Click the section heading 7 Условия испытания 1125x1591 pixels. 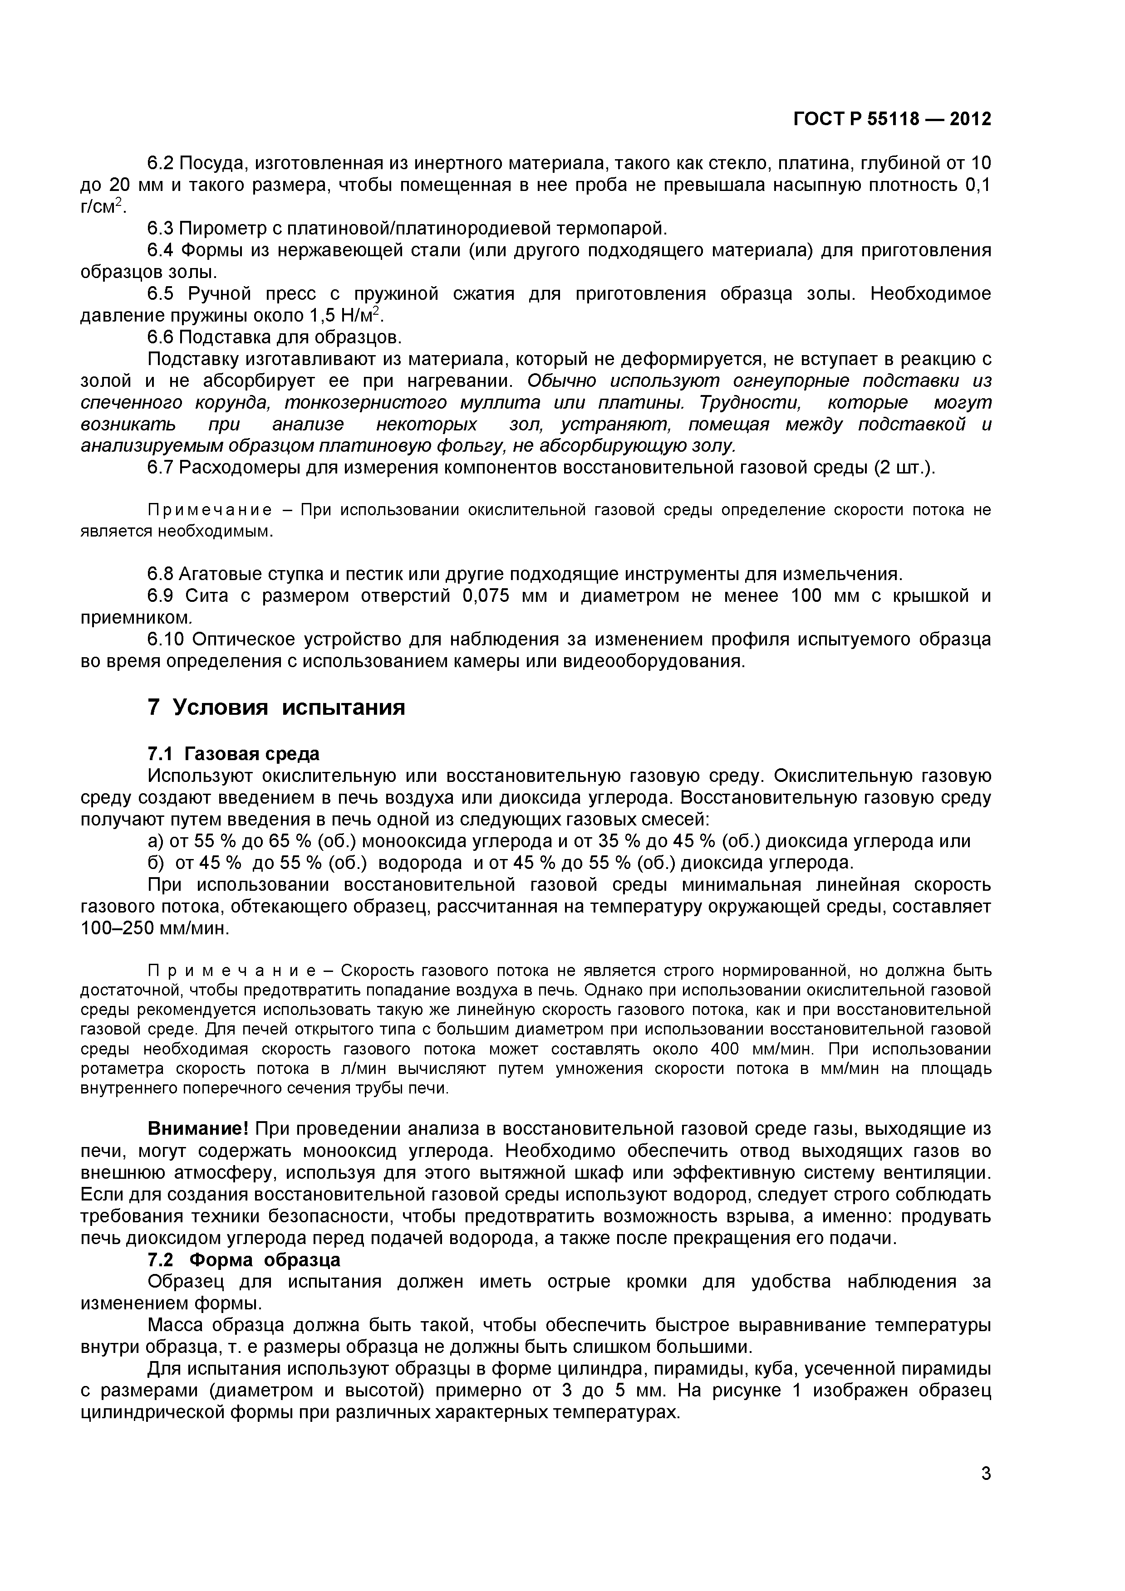pos(276,708)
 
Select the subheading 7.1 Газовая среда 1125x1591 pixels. pos(234,753)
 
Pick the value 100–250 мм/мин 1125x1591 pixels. pos(154,928)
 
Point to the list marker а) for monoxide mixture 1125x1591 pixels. pos(156,841)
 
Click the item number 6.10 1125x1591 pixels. pos(167,639)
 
